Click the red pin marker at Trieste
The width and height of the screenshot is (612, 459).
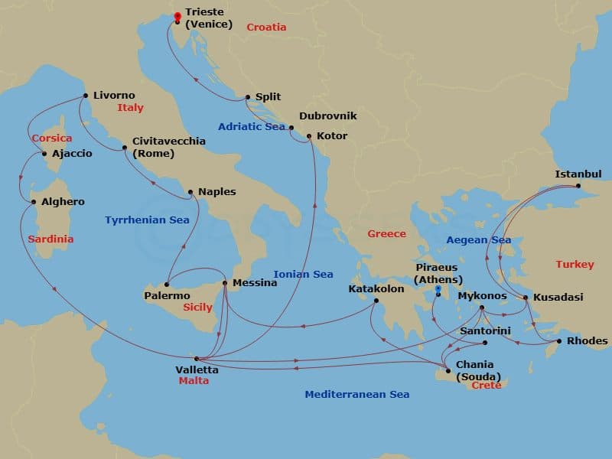(177, 16)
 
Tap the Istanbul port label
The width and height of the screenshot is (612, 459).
(579, 174)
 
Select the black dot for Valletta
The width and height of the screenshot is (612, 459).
(197, 359)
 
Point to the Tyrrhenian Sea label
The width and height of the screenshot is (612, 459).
(147, 220)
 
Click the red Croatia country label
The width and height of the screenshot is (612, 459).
(266, 28)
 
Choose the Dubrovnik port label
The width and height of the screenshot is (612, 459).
(327, 116)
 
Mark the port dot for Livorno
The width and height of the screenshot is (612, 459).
(85, 96)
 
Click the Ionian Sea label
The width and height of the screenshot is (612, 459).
(303, 274)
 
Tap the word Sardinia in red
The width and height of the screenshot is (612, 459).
(50, 239)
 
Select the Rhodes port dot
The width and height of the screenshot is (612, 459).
(559, 341)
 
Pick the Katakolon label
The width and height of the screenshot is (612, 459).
(376, 289)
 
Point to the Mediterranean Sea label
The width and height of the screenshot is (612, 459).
(356, 395)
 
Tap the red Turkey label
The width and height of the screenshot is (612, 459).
(575, 264)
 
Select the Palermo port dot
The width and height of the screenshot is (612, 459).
(166, 285)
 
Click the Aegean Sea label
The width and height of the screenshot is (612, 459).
(478, 240)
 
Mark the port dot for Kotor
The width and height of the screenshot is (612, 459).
(308, 137)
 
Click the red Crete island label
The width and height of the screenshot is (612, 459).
(487, 386)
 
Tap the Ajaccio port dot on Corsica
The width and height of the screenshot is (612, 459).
(44, 154)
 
